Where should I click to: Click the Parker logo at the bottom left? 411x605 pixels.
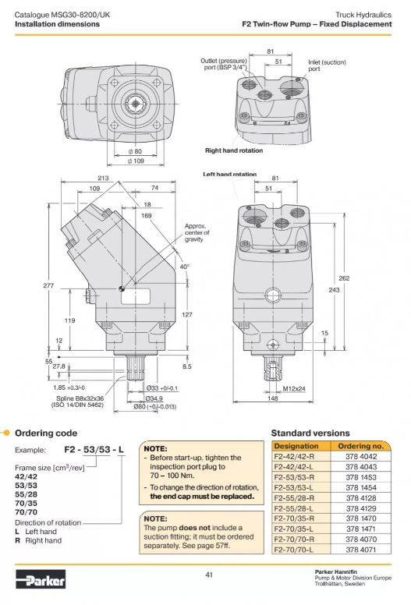pyautogui.click(x=41, y=578)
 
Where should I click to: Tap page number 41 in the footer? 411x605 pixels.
pyautogui.click(x=209, y=575)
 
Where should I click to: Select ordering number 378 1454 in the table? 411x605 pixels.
pyautogui.click(x=361, y=488)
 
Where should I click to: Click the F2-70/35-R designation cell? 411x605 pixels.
pyautogui.click(x=294, y=518)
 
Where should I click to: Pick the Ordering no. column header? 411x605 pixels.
pyautogui.click(x=361, y=446)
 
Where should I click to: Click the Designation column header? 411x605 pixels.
pyautogui.click(x=296, y=446)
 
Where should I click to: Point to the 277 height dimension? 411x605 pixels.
pyautogui.click(x=48, y=285)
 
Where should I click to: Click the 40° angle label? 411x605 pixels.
pyautogui.click(x=185, y=267)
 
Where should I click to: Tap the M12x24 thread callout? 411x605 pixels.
pyautogui.click(x=294, y=388)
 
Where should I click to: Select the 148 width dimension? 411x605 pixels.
pyautogui.click(x=272, y=398)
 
